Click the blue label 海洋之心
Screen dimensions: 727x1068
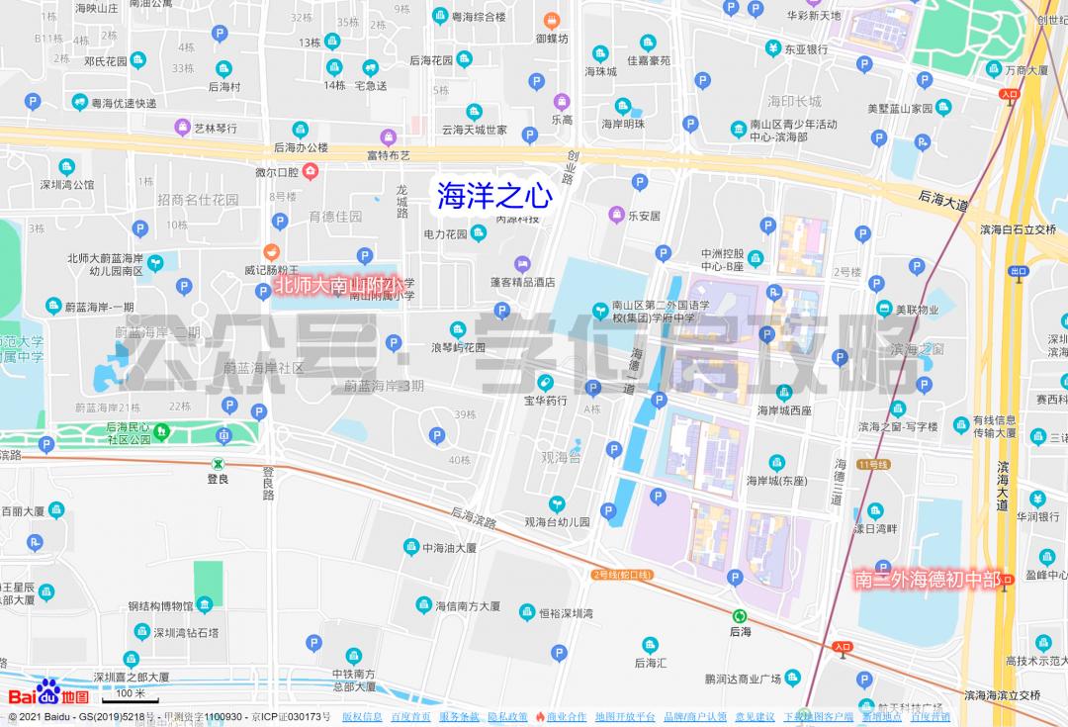(x=494, y=195)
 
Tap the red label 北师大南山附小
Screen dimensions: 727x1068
(x=336, y=285)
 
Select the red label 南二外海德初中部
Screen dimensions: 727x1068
(x=927, y=580)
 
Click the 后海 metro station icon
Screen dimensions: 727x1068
(x=740, y=614)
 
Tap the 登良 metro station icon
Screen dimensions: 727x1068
(x=218, y=463)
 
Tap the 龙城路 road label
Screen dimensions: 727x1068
(x=402, y=201)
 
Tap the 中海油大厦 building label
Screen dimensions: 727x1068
(x=450, y=547)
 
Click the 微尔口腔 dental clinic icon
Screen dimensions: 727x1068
(x=311, y=172)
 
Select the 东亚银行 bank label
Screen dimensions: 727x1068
(x=805, y=48)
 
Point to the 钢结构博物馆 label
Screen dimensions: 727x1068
(x=162, y=605)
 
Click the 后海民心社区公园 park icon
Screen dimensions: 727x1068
(x=161, y=431)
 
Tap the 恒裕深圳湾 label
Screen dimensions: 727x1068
(x=566, y=612)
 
